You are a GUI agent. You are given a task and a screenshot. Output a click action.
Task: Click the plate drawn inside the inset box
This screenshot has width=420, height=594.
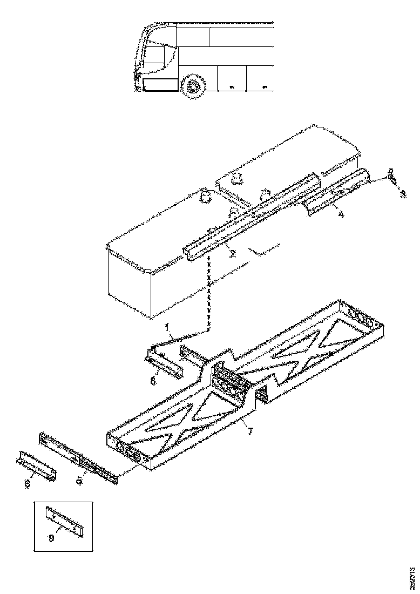(x=65, y=521)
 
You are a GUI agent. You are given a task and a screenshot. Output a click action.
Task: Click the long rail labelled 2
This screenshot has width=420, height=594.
(x=254, y=216)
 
